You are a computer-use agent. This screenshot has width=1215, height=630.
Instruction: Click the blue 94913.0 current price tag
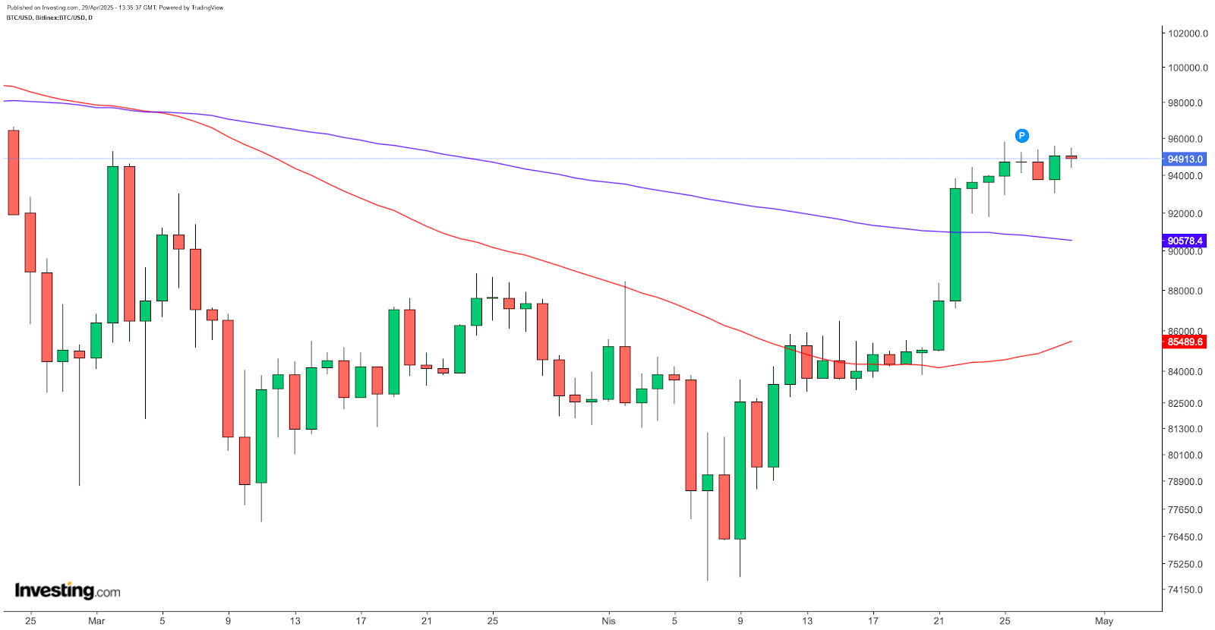click(x=1185, y=159)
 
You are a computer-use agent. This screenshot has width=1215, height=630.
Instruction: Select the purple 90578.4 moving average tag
click(x=1185, y=241)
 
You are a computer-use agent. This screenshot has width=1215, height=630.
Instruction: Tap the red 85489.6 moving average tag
click(x=1185, y=342)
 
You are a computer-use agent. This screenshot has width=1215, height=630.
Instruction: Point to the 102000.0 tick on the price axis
click(x=1188, y=33)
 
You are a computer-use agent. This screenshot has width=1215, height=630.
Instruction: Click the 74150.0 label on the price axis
click(x=1185, y=590)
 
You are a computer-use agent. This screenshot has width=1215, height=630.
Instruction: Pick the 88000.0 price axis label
click(x=1185, y=291)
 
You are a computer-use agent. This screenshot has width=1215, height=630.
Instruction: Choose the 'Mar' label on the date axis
click(x=96, y=621)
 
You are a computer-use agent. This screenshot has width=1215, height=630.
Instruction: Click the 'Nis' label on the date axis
click(x=608, y=621)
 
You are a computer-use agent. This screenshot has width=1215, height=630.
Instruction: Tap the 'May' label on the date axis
click(x=1104, y=621)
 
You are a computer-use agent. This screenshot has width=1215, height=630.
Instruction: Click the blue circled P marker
click(x=1022, y=136)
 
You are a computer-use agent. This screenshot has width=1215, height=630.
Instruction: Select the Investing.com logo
click(x=68, y=591)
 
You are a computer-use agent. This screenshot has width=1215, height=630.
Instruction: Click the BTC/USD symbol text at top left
click(x=19, y=17)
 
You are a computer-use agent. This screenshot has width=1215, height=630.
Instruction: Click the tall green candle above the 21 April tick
click(x=955, y=244)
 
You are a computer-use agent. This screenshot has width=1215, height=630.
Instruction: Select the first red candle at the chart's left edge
click(x=14, y=172)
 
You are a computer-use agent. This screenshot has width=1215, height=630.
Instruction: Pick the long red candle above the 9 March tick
click(x=228, y=378)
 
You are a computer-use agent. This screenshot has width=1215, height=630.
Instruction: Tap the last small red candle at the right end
click(x=1071, y=157)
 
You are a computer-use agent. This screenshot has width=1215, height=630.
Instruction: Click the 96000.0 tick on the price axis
click(x=1185, y=139)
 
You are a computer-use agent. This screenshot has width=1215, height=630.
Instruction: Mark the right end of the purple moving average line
click(x=1071, y=241)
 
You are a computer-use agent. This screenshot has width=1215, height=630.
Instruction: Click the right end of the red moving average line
click(x=1071, y=342)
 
